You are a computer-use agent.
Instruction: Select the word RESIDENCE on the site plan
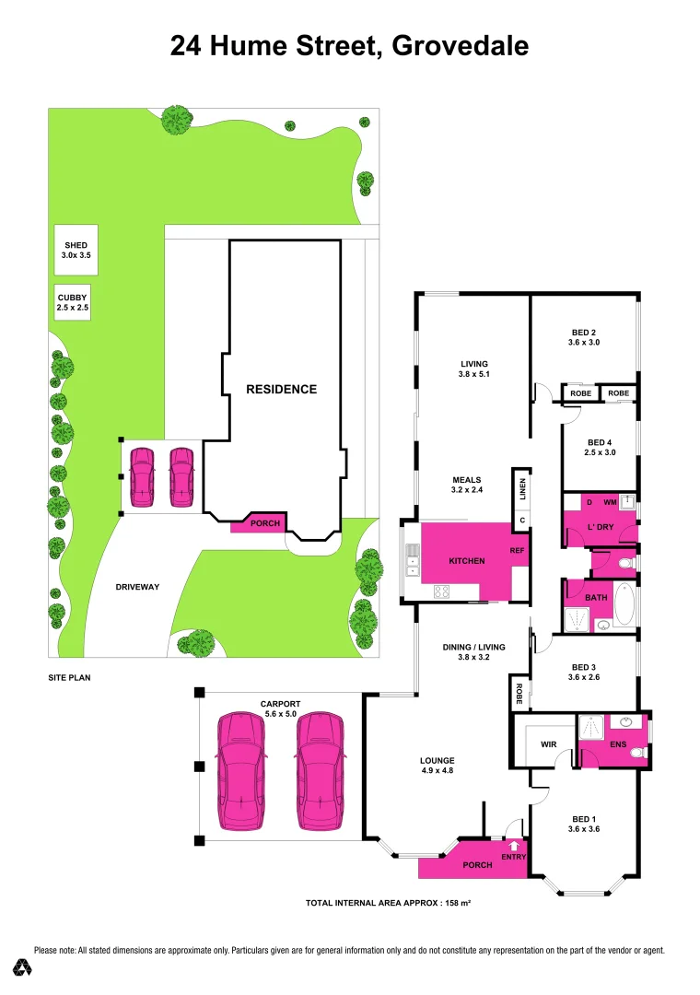pos(281,389)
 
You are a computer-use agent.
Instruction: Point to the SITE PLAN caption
pos(69,677)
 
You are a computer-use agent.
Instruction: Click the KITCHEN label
pos(466,561)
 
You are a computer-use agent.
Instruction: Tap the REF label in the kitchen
pos(517,551)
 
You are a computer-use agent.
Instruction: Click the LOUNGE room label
pos(437,764)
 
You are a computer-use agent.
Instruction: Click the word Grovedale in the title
pos(460,45)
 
